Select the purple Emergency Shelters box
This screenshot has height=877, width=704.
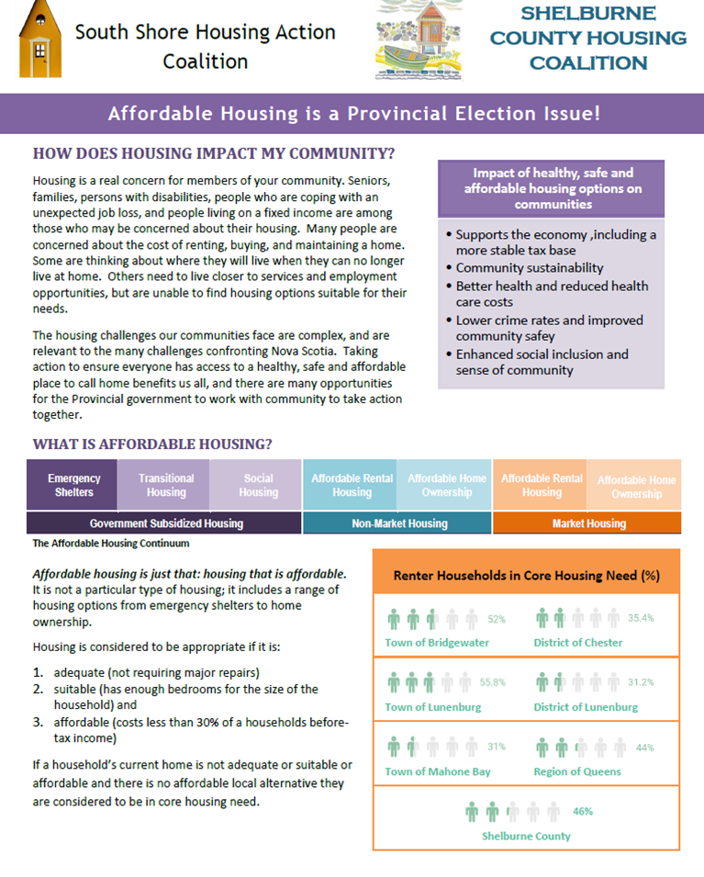point(74,485)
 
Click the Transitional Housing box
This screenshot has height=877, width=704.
point(166,485)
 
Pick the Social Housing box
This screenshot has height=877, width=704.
point(258,485)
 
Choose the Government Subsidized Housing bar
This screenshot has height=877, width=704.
point(165,523)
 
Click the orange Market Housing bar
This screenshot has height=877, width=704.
point(588,523)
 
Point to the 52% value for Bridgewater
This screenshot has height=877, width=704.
point(497,619)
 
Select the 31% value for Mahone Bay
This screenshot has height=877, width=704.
point(497,747)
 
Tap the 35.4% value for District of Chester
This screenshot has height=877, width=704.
point(641,618)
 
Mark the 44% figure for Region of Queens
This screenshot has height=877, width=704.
point(644,748)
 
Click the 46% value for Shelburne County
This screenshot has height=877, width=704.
point(583,811)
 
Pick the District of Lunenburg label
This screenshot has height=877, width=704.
point(586,707)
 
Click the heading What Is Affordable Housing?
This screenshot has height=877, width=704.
point(152,444)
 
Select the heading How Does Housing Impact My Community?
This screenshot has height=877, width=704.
point(214,152)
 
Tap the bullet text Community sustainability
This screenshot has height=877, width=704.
point(530,268)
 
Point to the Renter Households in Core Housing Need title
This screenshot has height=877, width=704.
point(526,576)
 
